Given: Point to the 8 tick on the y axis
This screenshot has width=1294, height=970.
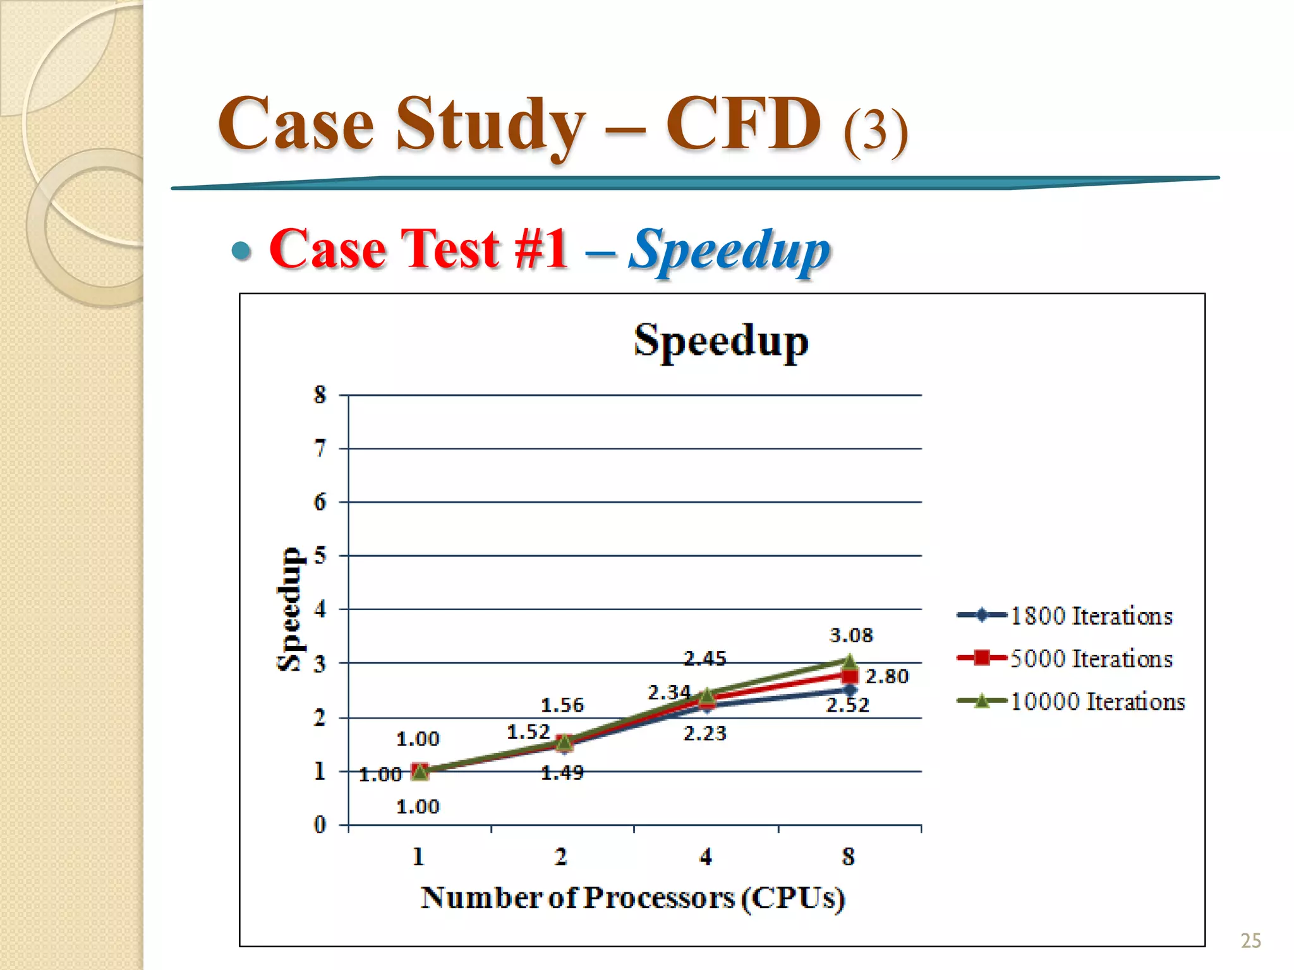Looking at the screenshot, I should click(x=320, y=395).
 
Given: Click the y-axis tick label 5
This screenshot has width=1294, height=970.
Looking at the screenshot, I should click(x=320, y=556).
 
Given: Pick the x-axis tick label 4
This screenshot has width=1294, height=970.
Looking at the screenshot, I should click(x=706, y=857).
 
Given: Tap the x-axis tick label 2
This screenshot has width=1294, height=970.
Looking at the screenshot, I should click(x=561, y=857).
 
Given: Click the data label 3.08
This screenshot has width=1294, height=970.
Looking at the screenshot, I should click(x=851, y=635).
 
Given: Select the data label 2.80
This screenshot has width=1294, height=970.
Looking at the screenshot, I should click(x=887, y=676).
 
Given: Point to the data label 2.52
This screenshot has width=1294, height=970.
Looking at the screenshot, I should click(x=848, y=705).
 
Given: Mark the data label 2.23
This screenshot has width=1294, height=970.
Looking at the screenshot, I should click(x=705, y=734).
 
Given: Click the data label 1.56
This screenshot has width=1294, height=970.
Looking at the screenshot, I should click(x=562, y=705).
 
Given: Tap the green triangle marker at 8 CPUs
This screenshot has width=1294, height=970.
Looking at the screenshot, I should click(x=850, y=661).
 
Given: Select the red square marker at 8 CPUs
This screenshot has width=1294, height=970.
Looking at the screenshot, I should click(x=850, y=676).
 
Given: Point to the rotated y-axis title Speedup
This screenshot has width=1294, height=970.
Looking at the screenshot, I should click(x=289, y=609).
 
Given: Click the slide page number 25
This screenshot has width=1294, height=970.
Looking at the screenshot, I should click(x=1250, y=941).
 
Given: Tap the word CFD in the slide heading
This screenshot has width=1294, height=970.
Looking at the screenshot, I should click(x=744, y=124).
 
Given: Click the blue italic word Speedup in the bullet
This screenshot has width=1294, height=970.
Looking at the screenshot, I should click(x=729, y=251).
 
